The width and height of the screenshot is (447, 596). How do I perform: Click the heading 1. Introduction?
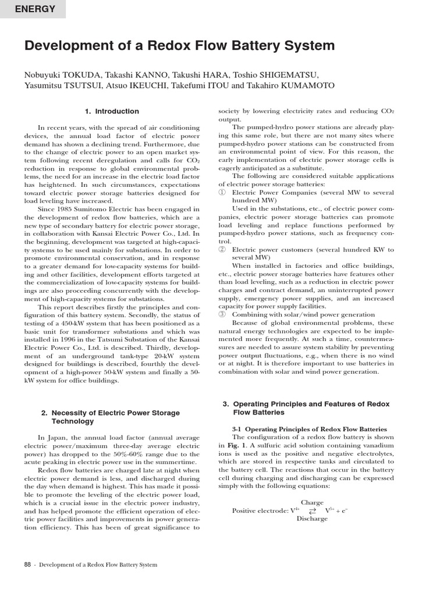(112, 111)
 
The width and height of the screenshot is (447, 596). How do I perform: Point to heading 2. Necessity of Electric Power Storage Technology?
(111, 417)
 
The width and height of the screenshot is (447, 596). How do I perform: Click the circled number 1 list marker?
(222, 193)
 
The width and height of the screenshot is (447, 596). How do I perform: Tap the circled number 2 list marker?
(222, 250)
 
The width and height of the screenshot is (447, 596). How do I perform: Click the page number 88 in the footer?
(28, 565)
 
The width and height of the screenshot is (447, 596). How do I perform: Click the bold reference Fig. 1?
(233, 445)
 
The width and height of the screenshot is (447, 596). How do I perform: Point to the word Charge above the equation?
(312, 502)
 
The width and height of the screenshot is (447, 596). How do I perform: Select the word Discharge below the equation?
(312, 519)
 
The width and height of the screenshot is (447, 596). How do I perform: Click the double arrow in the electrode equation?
(312, 511)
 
